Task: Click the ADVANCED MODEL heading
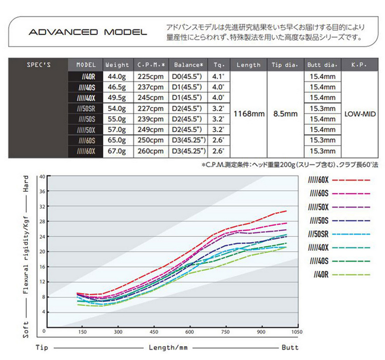pos(87,32)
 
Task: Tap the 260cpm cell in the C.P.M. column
pos(150,151)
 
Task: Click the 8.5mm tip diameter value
pos(284,113)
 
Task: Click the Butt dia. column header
pos(322,65)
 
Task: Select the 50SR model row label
pos(85,108)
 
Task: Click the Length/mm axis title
pos(168,348)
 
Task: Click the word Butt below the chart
pos(289,348)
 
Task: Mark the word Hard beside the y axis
pos(26,184)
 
